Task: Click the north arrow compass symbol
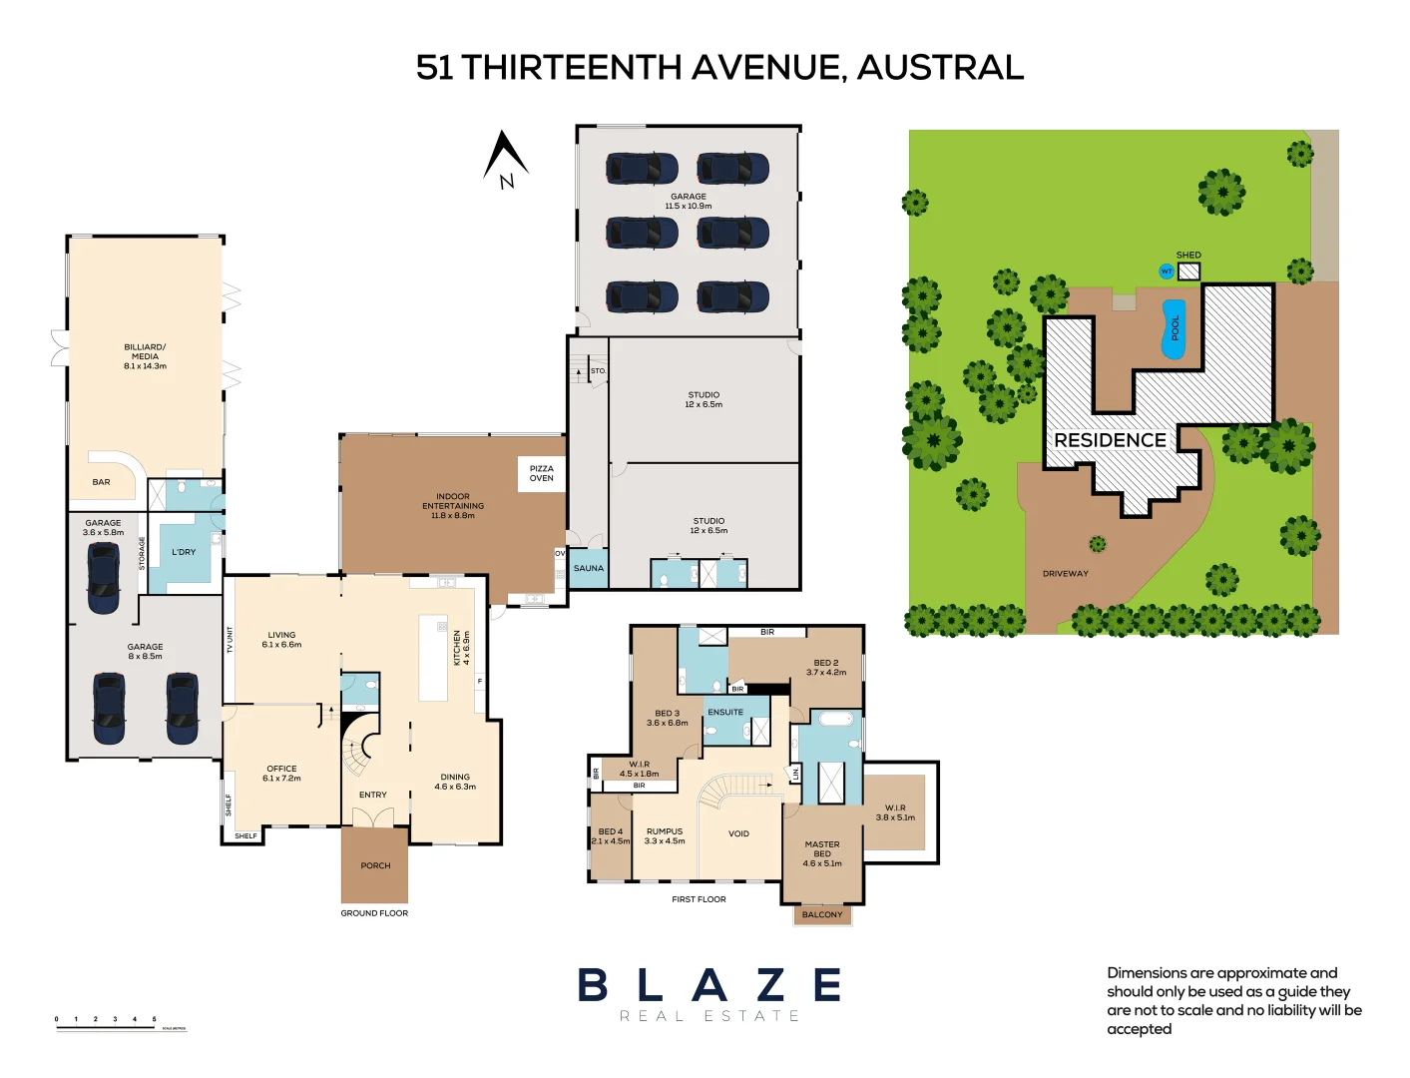click(506, 160)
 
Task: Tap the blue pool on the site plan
click(1174, 328)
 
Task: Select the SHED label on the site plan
click(1188, 256)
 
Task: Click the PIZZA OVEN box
click(542, 473)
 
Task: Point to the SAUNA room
click(588, 568)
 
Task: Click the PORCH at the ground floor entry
click(375, 865)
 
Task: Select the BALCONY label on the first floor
click(822, 914)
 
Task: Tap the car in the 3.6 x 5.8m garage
click(104, 578)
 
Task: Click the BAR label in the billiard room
click(102, 482)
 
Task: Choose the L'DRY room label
click(184, 552)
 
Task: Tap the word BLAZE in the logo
click(709, 985)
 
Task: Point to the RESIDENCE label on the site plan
click(1110, 440)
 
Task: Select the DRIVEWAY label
click(1065, 574)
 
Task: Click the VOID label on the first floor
click(738, 833)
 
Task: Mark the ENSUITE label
click(725, 712)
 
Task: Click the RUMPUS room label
click(665, 831)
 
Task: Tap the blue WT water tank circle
click(1166, 271)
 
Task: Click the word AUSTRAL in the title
click(940, 68)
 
